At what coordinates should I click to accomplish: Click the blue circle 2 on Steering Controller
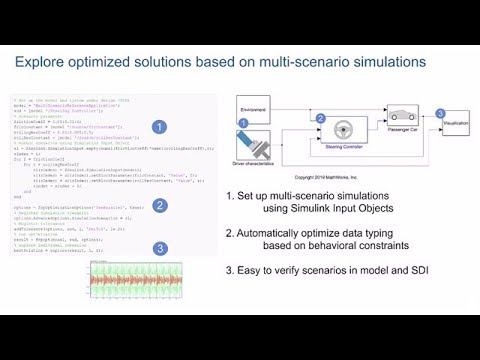pos(293,119)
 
